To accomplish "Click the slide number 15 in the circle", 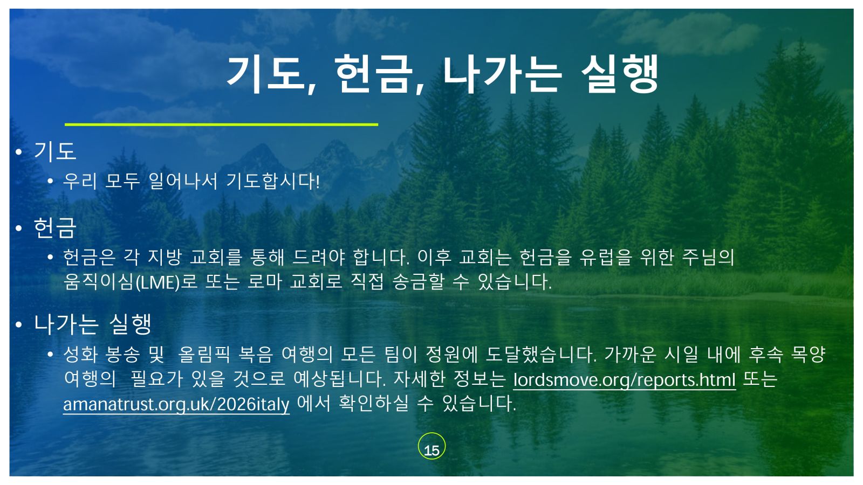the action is (432, 451).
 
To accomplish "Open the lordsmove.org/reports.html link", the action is (625, 380).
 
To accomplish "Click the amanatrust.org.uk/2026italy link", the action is (176, 404).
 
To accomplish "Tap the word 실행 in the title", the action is (620, 74).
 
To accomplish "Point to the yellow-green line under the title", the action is (221, 124).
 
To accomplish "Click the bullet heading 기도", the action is (55, 151).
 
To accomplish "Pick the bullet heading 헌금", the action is (55, 228).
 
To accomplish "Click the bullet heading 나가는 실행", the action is (92, 324).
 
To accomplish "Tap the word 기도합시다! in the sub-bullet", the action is (273, 181).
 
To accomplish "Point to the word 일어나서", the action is (183, 181).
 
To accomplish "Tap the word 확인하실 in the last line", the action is (373, 404).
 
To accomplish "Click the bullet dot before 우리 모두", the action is (50, 181).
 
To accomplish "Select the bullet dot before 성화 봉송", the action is (50, 354).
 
